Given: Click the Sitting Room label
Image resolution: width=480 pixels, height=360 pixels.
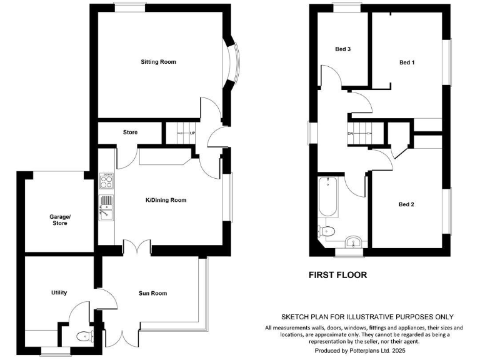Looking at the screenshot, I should pos(158,62).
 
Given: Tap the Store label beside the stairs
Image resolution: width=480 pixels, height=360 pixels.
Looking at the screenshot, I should pos(130,132).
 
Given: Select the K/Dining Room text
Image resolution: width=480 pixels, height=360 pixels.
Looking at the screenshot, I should pos(166,200).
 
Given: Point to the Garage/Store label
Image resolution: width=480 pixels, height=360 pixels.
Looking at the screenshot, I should pos(61,219).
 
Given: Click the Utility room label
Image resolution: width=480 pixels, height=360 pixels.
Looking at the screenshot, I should pos(59,292).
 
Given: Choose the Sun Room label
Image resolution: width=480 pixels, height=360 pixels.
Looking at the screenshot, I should pos(152,292).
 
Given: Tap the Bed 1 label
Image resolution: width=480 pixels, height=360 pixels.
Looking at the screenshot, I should pos(407,62).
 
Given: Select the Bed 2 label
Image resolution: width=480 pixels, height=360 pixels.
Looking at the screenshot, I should pos(407,204).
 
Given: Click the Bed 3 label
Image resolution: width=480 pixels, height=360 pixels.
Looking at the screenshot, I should pos(342,49).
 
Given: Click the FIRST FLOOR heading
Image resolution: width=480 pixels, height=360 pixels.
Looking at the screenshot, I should pos(337,274).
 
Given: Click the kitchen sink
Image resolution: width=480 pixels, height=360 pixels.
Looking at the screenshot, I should pos(106,207).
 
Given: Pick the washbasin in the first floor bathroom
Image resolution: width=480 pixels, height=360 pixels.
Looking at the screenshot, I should pos(353,241).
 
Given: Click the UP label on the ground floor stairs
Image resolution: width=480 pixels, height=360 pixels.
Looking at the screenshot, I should pos(192,133).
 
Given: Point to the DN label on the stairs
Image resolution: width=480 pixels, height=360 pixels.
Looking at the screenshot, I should pos(351,133).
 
